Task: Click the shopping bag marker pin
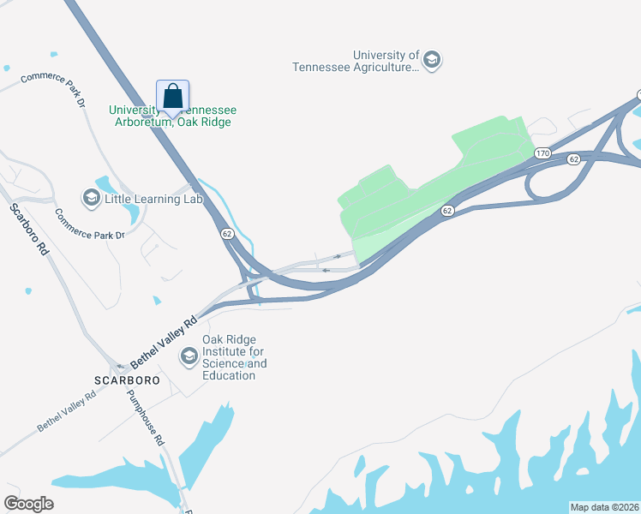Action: coord(172,96)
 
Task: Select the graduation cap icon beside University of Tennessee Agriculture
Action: coord(432,59)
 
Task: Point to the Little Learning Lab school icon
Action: coord(91,199)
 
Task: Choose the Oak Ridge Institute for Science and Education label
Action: coord(234,357)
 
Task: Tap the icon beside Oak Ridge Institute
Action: coord(189,355)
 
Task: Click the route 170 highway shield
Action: coord(542,153)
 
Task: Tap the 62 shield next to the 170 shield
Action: coord(572,158)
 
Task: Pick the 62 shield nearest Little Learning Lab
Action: coord(226,233)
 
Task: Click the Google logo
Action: coord(28,504)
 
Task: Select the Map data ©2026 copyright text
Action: coord(604,507)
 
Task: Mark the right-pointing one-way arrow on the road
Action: coord(337,256)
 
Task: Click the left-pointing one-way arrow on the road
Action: coord(326,270)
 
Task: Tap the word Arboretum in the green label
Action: coord(142,123)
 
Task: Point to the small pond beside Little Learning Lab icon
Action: coord(106,184)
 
